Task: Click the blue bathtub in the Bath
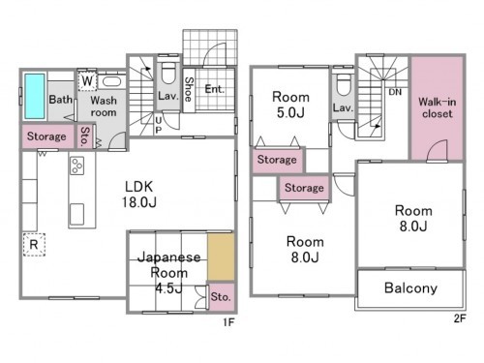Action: tap(35, 96)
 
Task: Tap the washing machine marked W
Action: tap(87, 80)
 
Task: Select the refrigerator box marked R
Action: tap(34, 245)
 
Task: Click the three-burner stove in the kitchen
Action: tap(77, 166)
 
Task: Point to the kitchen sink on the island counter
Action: tap(76, 214)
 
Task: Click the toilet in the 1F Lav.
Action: tap(167, 74)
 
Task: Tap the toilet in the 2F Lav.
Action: tap(344, 85)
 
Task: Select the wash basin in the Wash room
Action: tap(111, 81)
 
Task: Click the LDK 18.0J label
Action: tap(139, 195)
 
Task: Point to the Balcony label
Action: tap(410, 287)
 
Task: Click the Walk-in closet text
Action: tap(438, 107)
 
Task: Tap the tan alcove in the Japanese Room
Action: tap(221, 257)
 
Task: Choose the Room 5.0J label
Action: tap(290, 105)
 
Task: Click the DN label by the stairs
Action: tap(395, 92)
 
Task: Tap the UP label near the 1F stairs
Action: tap(158, 125)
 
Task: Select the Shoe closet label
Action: tap(189, 89)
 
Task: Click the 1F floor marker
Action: tap(228, 322)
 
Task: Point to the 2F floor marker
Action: tap(460, 318)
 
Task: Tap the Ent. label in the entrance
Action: tap(214, 89)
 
